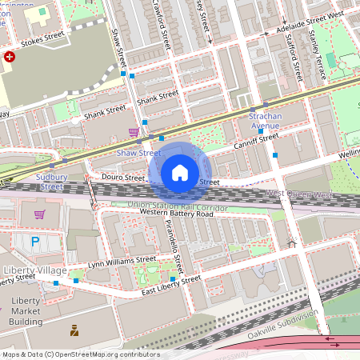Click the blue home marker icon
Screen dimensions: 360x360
(x=180, y=173)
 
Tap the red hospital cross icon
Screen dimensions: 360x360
(x=10, y=58)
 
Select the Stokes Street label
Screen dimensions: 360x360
(x=42, y=37)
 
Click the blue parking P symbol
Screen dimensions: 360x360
(x=34, y=241)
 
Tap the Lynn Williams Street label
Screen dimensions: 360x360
(x=122, y=260)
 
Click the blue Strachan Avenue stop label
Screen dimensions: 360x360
(x=260, y=121)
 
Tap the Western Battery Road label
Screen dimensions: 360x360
(x=176, y=214)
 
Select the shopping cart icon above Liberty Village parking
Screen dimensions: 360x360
(x=39, y=214)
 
